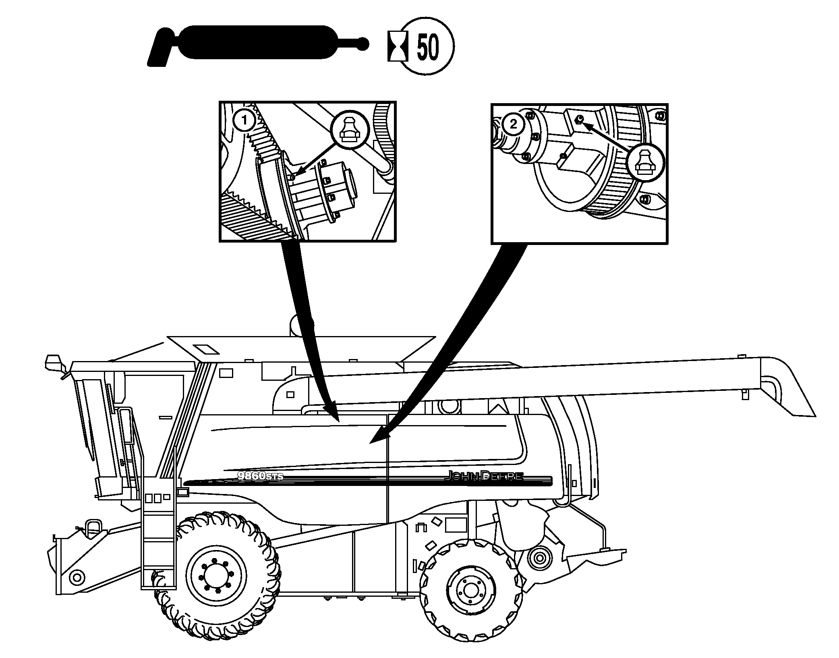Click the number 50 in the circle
(x=427, y=46)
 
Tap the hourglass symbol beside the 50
(x=397, y=46)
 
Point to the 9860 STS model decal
(x=260, y=476)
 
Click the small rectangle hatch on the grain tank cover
(x=205, y=349)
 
